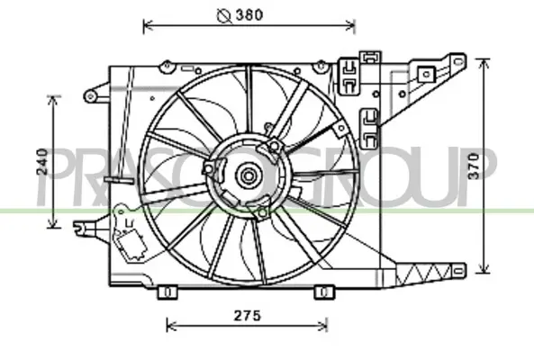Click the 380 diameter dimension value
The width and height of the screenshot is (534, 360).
(249, 15)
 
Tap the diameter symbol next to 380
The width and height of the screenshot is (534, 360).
(224, 15)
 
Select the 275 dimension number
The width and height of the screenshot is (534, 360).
(248, 316)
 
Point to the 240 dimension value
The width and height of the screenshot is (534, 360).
(42, 162)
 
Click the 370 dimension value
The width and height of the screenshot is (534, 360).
(474, 166)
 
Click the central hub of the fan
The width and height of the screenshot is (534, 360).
(249, 175)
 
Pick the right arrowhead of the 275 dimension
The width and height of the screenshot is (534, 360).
(322, 326)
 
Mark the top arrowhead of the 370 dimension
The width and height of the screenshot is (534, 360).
(484, 63)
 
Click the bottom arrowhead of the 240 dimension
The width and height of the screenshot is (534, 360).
(52, 223)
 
